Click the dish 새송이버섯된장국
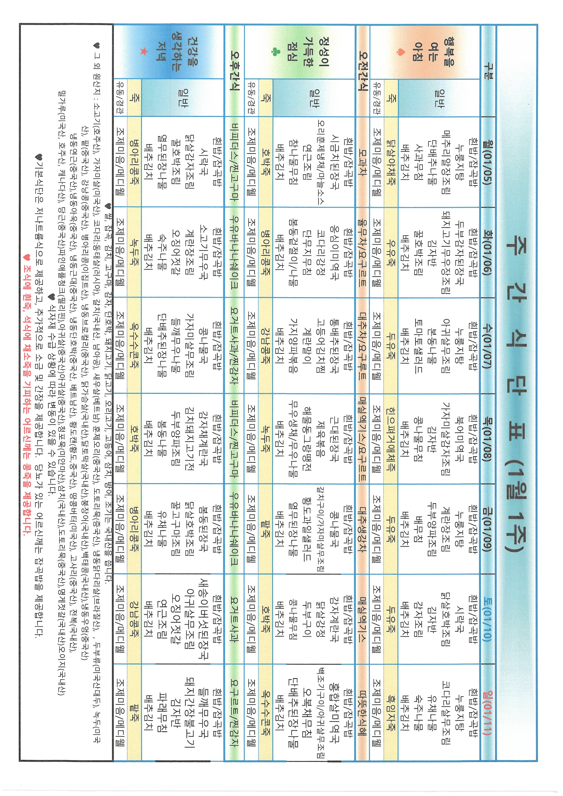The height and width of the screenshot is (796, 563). (203, 619)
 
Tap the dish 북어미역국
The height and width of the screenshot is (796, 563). (460, 439)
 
